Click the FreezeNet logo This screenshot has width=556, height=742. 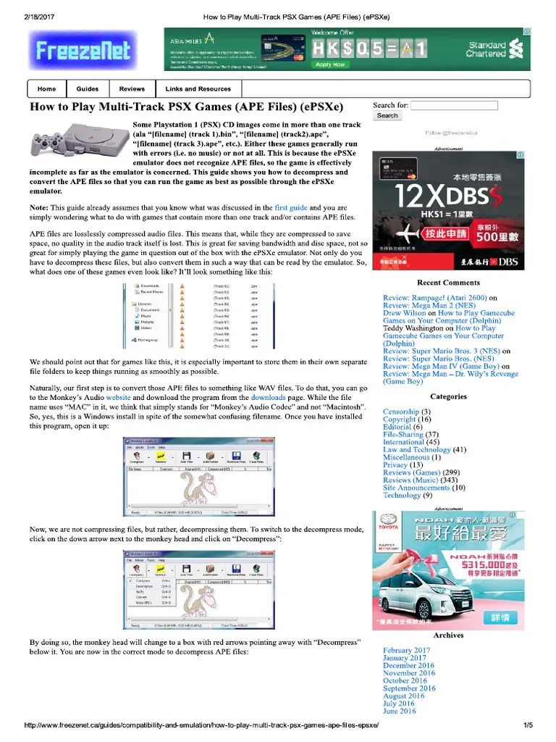click(x=80, y=50)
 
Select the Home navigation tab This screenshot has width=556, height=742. click(x=46, y=89)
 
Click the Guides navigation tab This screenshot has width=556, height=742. click(x=87, y=89)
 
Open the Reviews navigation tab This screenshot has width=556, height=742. click(x=132, y=89)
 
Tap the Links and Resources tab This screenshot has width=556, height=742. click(x=198, y=89)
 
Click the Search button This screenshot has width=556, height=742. click(x=387, y=116)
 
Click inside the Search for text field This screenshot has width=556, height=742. click(x=454, y=106)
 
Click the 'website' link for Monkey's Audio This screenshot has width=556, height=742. click(x=118, y=398)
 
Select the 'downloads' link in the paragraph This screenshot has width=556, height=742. click(x=268, y=398)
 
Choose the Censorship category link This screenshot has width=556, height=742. click(x=400, y=412)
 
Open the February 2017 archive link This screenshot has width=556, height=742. click(x=406, y=651)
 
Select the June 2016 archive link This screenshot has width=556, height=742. click(x=399, y=711)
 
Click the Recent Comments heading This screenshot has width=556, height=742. click(x=448, y=283)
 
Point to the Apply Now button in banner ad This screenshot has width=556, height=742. click(x=329, y=64)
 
